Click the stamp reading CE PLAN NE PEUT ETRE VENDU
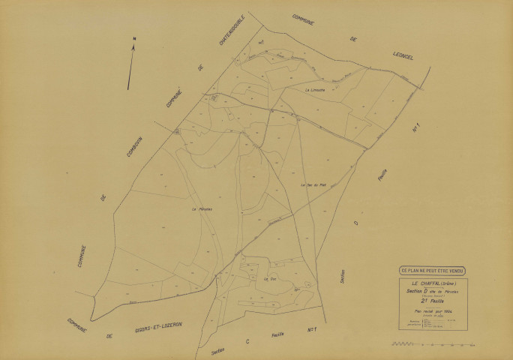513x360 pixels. tap(431, 270)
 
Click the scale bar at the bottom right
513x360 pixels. tap(433, 344)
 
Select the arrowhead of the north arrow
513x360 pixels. tap(133, 47)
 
